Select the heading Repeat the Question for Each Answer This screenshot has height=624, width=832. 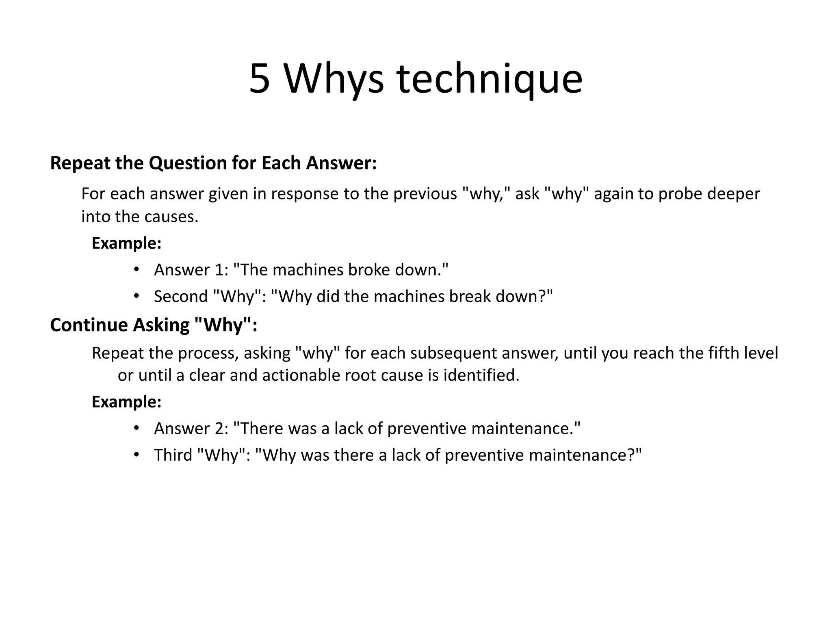pyautogui.click(x=213, y=163)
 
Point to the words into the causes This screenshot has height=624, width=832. pyautogui.click(x=140, y=217)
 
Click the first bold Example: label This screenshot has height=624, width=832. pyautogui.click(x=127, y=243)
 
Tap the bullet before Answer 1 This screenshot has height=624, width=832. pyautogui.click(x=136, y=269)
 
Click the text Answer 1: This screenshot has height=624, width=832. pyautogui.click(x=191, y=270)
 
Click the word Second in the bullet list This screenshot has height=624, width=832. pyautogui.click(x=181, y=297)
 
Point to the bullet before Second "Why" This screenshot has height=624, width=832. pyautogui.click(x=136, y=296)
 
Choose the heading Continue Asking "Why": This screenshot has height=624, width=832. pyautogui.click(x=154, y=325)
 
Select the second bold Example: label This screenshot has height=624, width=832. pyautogui.click(x=127, y=402)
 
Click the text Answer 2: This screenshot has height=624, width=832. pyautogui.click(x=191, y=428)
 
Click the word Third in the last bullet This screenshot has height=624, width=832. pyautogui.click(x=173, y=455)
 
